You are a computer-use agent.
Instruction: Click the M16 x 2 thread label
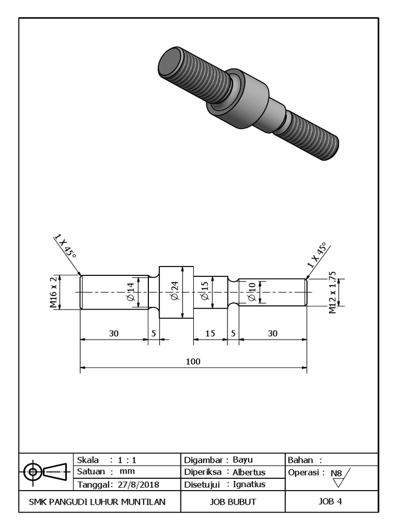pyautogui.click(x=53, y=292)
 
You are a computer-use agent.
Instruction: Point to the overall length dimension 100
pyautogui.click(x=193, y=361)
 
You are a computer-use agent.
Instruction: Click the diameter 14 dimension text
pyautogui.click(x=130, y=292)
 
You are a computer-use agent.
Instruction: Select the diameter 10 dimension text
pyautogui.click(x=252, y=292)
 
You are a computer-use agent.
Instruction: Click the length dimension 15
pyautogui.click(x=210, y=334)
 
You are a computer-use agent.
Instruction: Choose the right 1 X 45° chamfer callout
pyautogui.click(x=317, y=255)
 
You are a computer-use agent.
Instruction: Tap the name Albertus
pyautogui.click(x=249, y=472)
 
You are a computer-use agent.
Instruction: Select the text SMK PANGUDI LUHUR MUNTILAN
pyautogui.click(x=97, y=502)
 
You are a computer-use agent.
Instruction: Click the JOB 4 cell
pyautogui.click(x=331, y=501)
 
